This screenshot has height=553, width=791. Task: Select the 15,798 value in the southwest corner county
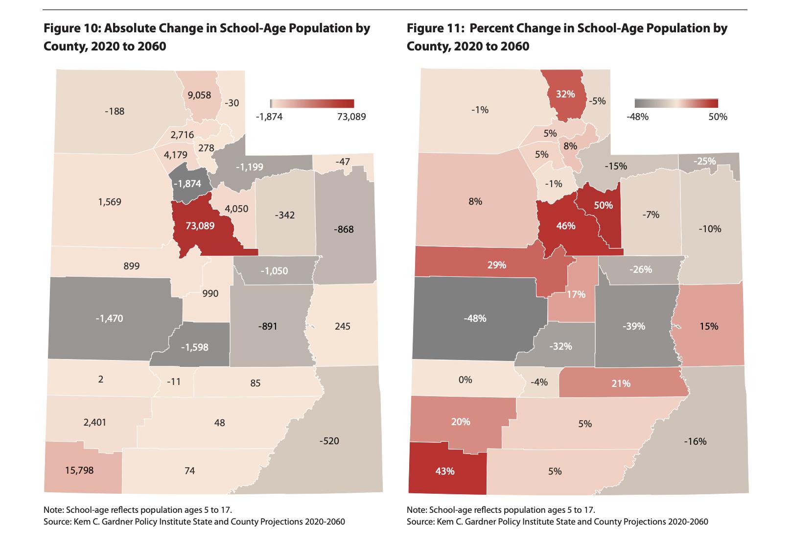79,470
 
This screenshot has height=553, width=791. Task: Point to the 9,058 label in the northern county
199,95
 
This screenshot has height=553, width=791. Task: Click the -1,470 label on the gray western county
109,318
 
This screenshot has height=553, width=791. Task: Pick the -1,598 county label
194,347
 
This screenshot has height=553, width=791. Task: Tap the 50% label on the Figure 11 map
603,205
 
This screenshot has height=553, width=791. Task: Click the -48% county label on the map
475,318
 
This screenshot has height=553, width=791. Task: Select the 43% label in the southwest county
445,471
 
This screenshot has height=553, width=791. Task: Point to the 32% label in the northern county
565,94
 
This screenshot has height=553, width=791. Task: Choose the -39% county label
634,326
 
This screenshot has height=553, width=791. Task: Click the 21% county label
620,384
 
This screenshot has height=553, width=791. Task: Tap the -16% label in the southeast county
695,441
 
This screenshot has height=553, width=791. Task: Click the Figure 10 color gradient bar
312,103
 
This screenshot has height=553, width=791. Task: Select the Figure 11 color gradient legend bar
676,103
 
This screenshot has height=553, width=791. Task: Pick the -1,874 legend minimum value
269,117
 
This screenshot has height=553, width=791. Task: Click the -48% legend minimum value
638,117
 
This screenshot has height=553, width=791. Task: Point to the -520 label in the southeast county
328,441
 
